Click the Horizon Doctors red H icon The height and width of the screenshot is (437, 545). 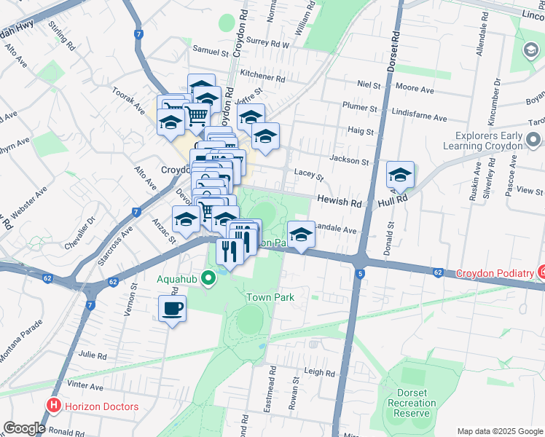click(53, 406)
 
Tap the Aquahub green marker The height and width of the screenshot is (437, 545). click(208, 277)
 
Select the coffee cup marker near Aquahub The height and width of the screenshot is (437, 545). click(172, 309)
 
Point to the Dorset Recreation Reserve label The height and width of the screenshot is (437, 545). click(412, 403)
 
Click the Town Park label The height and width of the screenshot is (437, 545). click(270, 297)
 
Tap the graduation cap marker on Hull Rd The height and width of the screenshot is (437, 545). click(400, 175)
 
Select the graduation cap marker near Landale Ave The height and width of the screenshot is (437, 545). click(301, 235)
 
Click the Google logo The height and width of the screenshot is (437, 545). click(24, 428)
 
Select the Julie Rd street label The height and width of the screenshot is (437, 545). click(93, 355)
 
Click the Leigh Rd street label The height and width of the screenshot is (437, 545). click(319, 372)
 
